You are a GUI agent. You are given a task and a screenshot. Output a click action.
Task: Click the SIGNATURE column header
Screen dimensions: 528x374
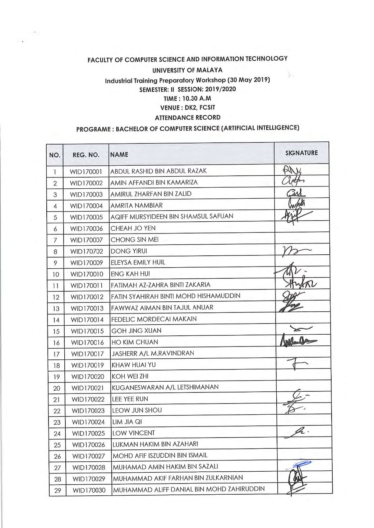tap(301, 153)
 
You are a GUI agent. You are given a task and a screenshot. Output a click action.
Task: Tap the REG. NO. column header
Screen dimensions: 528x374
tap(86, 155)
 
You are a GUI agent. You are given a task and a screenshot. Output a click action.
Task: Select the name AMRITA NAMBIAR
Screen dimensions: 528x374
tap(137, 206)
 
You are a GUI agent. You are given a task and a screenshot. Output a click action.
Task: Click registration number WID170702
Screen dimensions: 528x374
tap(86, 251)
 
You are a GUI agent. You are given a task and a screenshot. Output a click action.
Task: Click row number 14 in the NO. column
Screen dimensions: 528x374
tap(56, 320)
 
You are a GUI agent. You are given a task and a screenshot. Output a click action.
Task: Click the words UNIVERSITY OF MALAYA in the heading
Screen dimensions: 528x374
tap(187, 70)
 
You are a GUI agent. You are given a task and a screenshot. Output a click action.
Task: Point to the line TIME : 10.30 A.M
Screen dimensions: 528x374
tap(187, 98)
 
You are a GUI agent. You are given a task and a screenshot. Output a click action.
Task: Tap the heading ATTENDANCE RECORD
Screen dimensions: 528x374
tap(187, 117)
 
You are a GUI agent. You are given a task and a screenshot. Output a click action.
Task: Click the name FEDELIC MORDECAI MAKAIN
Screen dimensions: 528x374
tap(154, 319)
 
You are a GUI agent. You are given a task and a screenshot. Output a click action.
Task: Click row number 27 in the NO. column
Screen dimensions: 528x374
tap(57, 468)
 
